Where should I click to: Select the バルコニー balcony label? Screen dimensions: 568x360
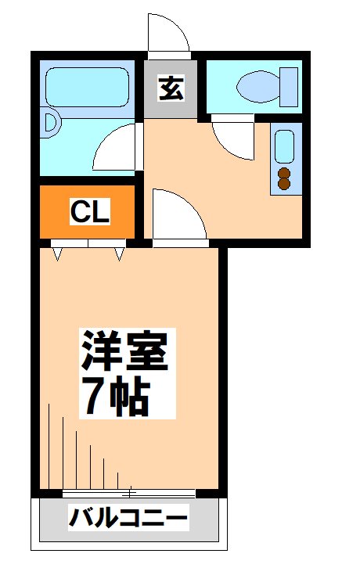(128, 518)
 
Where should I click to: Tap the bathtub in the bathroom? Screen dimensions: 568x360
(86, 87)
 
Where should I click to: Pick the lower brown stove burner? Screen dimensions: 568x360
(283, 185)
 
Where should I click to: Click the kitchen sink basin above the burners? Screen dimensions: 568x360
(283, 147)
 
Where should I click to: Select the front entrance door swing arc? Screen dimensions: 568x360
(168, 33)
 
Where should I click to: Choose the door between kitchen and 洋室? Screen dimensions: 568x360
(176, 215)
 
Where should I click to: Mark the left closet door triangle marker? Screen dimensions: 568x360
(58, 253)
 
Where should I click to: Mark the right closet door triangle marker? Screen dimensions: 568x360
(119, 253)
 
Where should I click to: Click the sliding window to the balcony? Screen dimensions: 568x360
(129, 493)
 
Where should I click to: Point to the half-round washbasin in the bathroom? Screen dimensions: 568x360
(52, 123)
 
